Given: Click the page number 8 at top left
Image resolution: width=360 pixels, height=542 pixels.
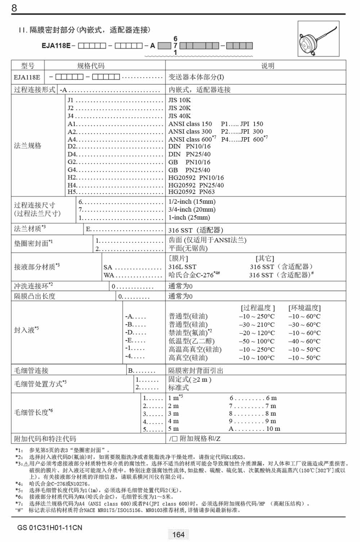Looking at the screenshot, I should pyautogui.click(x=14, y=8).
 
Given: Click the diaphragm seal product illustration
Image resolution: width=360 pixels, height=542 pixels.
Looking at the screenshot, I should pyautogui.click(x=318, y=39).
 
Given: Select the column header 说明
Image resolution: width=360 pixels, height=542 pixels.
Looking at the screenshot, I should pyautogui.click(x=267, y=66).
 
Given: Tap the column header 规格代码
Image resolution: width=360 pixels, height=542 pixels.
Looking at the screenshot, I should pyautogui.click(x=91, y=66).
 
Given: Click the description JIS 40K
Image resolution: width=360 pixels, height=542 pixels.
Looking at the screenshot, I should pyautogui.click(x=180, y=116).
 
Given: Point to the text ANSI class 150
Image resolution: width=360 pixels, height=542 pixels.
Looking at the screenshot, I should pyautogui.click(x=190, y=124).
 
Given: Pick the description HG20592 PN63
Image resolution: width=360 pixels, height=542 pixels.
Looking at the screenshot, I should pyautogui.click(x=192, y=192).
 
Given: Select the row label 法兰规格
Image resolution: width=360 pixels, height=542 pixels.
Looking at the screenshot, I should pyautogui.click(x=28, y=146).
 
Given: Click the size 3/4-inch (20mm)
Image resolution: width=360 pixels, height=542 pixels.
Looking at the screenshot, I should pyautogui.click(x=192, y=209).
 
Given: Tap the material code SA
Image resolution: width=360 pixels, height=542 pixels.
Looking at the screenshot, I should pyautogui.click(x=108, y=267).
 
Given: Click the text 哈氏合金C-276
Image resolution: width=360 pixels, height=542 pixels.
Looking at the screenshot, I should pyautogui.click(x=191, y=275).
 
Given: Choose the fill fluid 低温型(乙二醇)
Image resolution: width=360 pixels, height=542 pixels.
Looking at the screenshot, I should pyautogui.click(x=192, y=341).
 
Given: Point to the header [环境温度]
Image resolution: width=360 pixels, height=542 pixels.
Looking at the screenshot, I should pyautogui.click(x=304, y=308).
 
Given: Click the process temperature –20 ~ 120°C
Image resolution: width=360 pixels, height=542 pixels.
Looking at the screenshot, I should pyautogui.click(x=257, y=333).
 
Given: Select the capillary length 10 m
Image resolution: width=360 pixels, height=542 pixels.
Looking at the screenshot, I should pyautogui.click(x=273, y=429).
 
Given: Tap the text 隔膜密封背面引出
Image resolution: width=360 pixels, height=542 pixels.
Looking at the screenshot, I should pyautogui.click(x=196, y=370).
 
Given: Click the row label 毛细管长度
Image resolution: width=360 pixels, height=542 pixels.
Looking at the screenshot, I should pyautogui.click(x=31, y=412).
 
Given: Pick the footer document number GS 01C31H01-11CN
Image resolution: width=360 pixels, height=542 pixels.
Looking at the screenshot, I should pyautogui.click(x=50, y=528).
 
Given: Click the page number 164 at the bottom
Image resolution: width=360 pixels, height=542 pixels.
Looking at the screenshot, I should pyautogui.click(x=179, y=534).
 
